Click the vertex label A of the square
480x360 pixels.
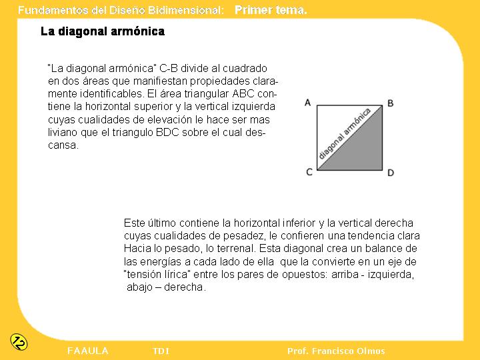(308, 102)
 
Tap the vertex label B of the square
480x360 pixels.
(391, 103)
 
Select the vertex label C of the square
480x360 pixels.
(309, 172)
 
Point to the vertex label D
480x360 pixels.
(391, 173)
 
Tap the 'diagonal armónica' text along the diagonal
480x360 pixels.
(345, 133)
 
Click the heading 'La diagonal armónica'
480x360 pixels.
(102, 31)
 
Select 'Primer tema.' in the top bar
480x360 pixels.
(271, 10)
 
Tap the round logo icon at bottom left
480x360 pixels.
(19, 341)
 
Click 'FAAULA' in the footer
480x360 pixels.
(88, 351)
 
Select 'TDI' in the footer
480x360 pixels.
(161, 351)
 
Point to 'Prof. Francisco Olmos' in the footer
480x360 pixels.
(336, 351)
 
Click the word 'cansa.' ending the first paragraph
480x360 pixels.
(63, 145)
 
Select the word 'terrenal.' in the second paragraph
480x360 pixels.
(233, 249)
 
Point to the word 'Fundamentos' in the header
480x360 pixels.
(47, 10)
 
